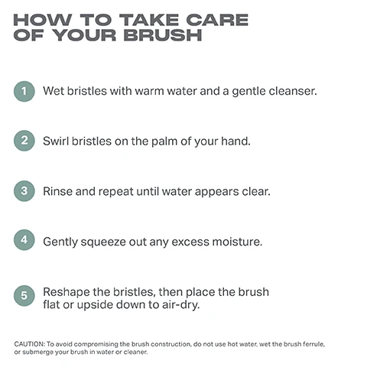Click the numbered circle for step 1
click(24, 91)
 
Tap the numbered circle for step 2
click(24, 141)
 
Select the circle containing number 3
click(24, 191)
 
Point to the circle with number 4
click(24, 241)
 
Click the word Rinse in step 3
click(59, 191)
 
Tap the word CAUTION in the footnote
click(30, 345)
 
